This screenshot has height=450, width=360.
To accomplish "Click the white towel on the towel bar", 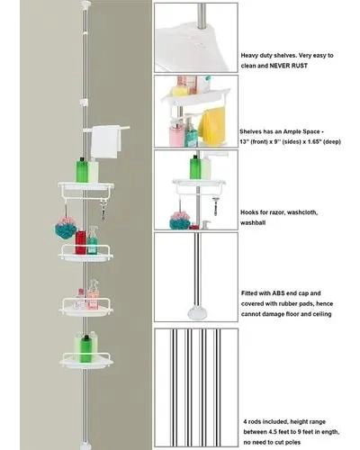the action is pos(105,141).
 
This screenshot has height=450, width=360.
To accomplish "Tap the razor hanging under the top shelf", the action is pos(103,211).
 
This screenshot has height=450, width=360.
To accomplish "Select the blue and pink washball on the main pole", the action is pos(66,227).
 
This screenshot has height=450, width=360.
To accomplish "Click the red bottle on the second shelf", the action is pos(80,242).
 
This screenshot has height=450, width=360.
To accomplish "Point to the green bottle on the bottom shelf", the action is pos(85,348).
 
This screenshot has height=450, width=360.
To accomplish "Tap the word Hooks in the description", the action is pos(249,212).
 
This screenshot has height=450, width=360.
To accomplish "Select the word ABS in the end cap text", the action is pos(279,293).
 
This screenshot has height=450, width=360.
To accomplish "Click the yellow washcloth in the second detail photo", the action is pos(211,128).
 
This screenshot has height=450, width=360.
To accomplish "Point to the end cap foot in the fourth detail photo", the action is pos(196,313).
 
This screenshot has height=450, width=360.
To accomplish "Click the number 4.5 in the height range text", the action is pos(276,432).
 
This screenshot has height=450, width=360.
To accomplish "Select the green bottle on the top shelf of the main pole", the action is pos(82,170).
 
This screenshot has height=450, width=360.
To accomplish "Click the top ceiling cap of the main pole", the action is pos(85,4).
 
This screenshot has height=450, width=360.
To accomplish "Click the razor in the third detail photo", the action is pos(215,206).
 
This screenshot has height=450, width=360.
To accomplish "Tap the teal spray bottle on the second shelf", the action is pos(93,240).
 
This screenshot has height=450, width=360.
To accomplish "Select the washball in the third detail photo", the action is pos(180,220).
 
